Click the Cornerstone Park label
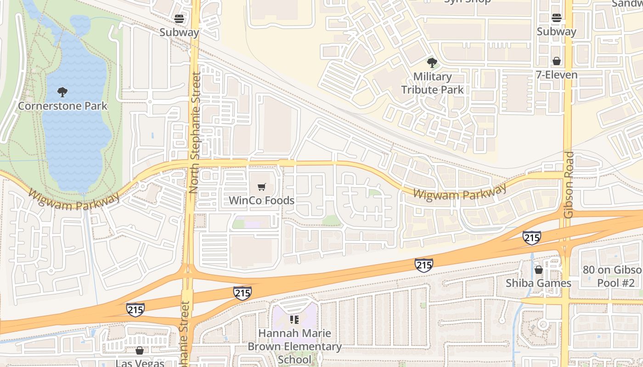click(62, 106)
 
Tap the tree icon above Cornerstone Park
click(62, 92)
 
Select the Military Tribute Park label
click(433, 83)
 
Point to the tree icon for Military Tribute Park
click(432, 62)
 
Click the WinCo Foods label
click(261, 200)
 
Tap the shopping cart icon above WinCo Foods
click(261, 187)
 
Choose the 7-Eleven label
click(557, 75)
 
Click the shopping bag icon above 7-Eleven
click(557, 61)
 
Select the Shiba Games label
click(538, 283)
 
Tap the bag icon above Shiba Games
click(538, 270)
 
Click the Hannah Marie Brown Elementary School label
click(294, 346)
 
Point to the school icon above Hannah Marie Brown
click(294, 319)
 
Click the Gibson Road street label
click(569, 184)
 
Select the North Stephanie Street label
click(196, 133)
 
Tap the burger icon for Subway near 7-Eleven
click(557, 18)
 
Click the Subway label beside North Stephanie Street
click(179, 33)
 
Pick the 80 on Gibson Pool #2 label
click(612, 276)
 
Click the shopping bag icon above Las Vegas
click(140, 350)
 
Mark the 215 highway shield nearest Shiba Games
click(531, 238)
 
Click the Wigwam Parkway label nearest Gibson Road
click(459, 192)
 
